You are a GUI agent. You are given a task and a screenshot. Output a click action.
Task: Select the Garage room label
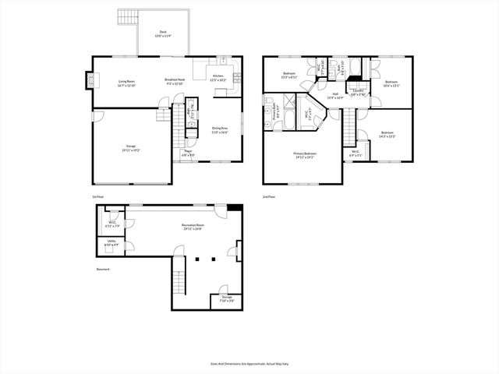(x=131, y=147)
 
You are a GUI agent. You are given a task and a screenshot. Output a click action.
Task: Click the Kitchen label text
(x=218, y=77)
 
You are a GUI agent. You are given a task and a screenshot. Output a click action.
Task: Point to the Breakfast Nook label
(x=175, y=81)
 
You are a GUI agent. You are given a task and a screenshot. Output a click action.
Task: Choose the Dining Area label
(x=220, y=129)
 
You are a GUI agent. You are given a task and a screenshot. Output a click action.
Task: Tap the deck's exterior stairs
(x=126, y=16)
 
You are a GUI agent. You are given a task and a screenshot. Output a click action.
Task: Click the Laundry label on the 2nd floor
(x=358, y=92)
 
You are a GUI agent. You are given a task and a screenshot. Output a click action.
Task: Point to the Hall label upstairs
(x=334, y=96)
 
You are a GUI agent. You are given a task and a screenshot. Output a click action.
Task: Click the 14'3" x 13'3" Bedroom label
(x=387, y=134)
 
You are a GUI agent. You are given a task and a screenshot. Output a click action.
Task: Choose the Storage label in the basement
(x=226, y=298)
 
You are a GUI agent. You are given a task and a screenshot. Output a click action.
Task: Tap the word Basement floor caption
(x=103, y=270)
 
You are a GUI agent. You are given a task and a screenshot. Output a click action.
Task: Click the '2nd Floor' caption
(x=269, y=196)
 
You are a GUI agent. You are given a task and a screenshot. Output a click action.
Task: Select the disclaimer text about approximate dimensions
(x=249, y=364)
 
